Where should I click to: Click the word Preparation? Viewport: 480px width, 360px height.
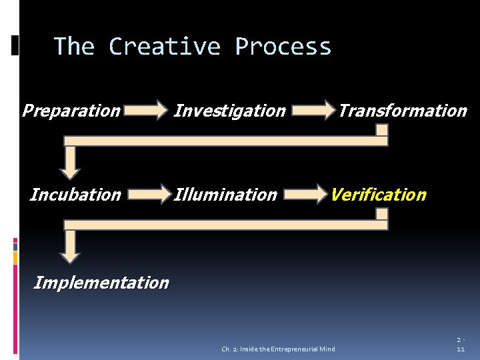click(x=71, y=111)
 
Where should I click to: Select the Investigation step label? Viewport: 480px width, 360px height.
click(x=229, y=111)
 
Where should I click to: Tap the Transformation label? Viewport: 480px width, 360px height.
click(x=402, y=111)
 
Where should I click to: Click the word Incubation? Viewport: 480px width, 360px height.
click(x=75, y=195)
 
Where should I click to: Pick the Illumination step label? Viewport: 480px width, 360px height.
click(x=225, y=195)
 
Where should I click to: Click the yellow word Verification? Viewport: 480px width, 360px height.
click(x=378, y=195)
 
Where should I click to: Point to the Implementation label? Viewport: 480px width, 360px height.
click(x=101, y=283)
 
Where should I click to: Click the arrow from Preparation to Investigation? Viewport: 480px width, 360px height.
click(x=147, y=110)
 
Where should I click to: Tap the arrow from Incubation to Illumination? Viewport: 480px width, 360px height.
click(x=147, y=194)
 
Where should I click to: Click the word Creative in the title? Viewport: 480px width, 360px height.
click(x=164, y=47)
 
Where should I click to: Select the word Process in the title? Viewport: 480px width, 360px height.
click(x=283, y=47)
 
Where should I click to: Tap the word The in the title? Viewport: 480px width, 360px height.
click(x=74, y=47)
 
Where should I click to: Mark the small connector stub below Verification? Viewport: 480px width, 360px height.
click(x=381, y=215)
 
